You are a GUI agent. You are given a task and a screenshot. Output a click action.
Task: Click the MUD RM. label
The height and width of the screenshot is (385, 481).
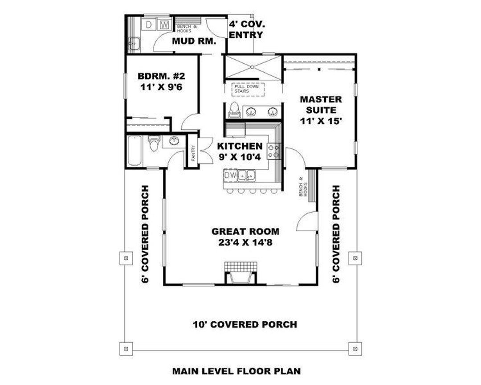point(194,41)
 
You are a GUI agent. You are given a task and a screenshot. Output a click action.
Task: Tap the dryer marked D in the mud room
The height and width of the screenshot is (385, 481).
point(149,25)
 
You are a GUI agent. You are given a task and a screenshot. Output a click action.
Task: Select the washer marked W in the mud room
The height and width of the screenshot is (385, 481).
point(164,25)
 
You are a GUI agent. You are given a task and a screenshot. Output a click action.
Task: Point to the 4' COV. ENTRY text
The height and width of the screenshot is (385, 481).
point(246,29)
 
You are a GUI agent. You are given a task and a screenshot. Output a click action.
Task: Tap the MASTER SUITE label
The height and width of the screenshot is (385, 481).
point(321,110)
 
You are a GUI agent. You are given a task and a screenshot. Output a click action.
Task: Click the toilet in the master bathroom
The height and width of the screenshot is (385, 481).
point(234,109)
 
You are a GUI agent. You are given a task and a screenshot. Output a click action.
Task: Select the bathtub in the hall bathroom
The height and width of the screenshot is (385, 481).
point(134,151)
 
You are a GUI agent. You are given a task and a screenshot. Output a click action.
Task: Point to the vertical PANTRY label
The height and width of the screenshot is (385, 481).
point(193,154)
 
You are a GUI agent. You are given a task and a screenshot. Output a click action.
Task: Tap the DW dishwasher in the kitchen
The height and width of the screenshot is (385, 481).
point(230,176)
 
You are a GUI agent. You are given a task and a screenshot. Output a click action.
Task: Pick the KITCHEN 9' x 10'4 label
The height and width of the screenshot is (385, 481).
point(240,151)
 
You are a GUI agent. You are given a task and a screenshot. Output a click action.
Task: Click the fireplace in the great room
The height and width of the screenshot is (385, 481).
point(240,273)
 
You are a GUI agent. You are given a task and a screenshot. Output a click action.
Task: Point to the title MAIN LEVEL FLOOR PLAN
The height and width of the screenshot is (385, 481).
point(236,371)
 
